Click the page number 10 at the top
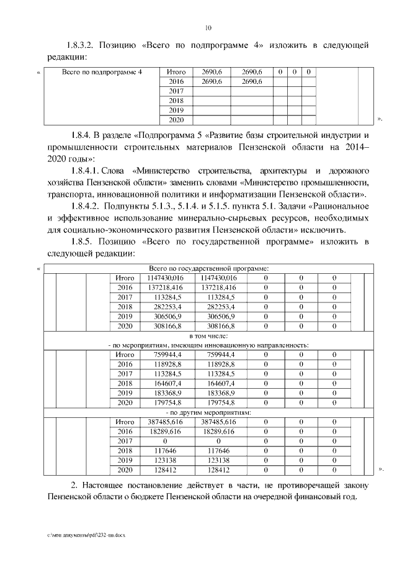click(x=208, y=28)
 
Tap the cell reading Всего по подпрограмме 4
click(x=103, y=72)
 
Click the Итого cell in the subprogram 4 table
click(x=177, y=72)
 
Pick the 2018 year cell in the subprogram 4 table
click(x=177, y=101)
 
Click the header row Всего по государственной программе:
click(x=208, y=268)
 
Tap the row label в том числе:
click(x=208, y=335)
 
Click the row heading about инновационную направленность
click(x=208, y=345)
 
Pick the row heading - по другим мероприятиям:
click(x=208, y=412)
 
